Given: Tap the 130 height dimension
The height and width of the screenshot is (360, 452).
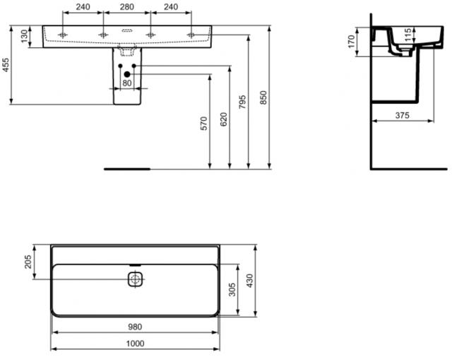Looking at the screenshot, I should pos(25,37).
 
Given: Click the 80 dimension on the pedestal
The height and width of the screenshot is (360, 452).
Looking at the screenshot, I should pos(127,83).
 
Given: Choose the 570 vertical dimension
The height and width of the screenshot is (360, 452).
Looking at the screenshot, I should pos(203,124).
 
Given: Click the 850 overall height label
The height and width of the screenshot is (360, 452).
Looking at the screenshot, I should pos(264,99).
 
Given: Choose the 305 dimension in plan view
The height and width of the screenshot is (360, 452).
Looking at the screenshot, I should pos(232,289).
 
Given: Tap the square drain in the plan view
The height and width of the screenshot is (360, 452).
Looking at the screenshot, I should pos(135,279).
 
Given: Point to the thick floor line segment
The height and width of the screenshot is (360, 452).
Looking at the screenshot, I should pos(127,169).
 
